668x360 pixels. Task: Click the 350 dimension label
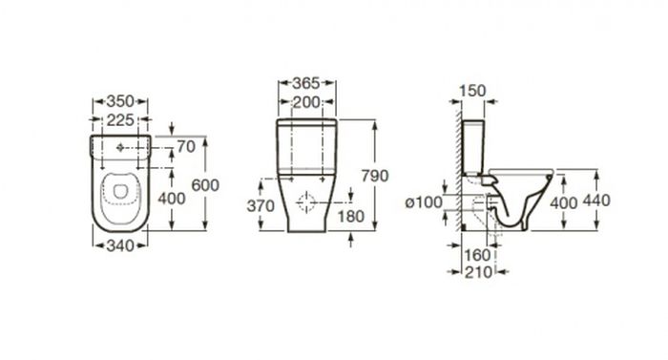120,101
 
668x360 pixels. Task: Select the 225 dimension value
120,120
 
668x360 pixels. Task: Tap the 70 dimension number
186,147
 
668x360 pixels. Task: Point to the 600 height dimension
205,185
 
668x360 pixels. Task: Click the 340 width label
120,245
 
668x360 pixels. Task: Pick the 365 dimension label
306,83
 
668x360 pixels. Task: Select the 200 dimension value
306,102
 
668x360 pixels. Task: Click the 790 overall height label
375,176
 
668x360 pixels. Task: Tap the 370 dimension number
261,206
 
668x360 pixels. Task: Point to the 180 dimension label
351,217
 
